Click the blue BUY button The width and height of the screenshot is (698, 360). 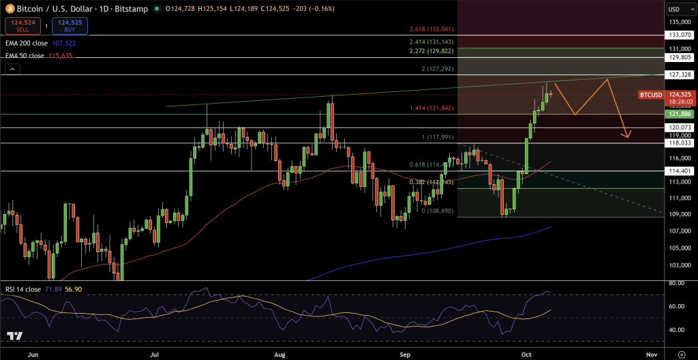70,27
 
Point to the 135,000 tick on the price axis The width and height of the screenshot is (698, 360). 680,22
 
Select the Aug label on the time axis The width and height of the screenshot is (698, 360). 278,355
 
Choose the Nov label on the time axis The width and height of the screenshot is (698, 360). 651,355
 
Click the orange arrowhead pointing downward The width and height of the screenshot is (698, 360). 626,134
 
